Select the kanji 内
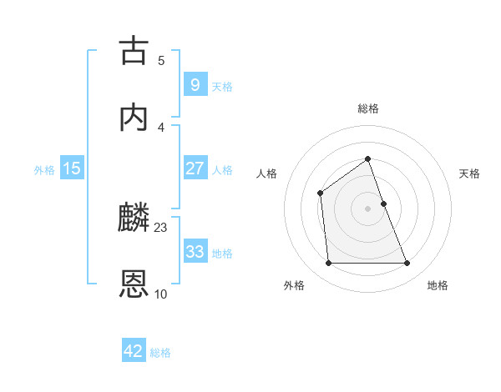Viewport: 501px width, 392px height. click(x=134, y=118)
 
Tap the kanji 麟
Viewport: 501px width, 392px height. click(x=134, y=218)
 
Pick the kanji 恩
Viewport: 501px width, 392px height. click(x=134, y=284)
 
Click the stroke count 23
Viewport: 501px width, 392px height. click(x=161, y=227)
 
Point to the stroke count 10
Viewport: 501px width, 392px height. click(x=161, y=294)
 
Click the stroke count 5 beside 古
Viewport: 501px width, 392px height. click(x=161, y=60)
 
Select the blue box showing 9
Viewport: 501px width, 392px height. click(x=195, y=84)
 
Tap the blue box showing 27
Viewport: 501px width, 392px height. click(x=195, y=168)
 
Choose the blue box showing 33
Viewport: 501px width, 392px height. click(x=195, y=251)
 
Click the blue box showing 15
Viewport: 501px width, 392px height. click(x=72, y=168)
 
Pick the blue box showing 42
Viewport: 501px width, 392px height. click(x=134, y=351)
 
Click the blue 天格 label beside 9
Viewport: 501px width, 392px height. click(x=222, y=87)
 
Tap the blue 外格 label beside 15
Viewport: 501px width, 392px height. click(x=44, y=170)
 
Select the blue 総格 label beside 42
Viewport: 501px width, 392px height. click(x=160, y=353)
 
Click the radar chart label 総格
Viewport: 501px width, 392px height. click(x=368, y=108)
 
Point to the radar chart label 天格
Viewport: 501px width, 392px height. click(x=470, y=173)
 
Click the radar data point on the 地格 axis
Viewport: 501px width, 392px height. click(x=407, y=264)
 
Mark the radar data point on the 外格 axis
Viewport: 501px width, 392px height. click(x=328, y=264)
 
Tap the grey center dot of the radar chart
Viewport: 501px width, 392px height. click(x=368, y=209)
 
